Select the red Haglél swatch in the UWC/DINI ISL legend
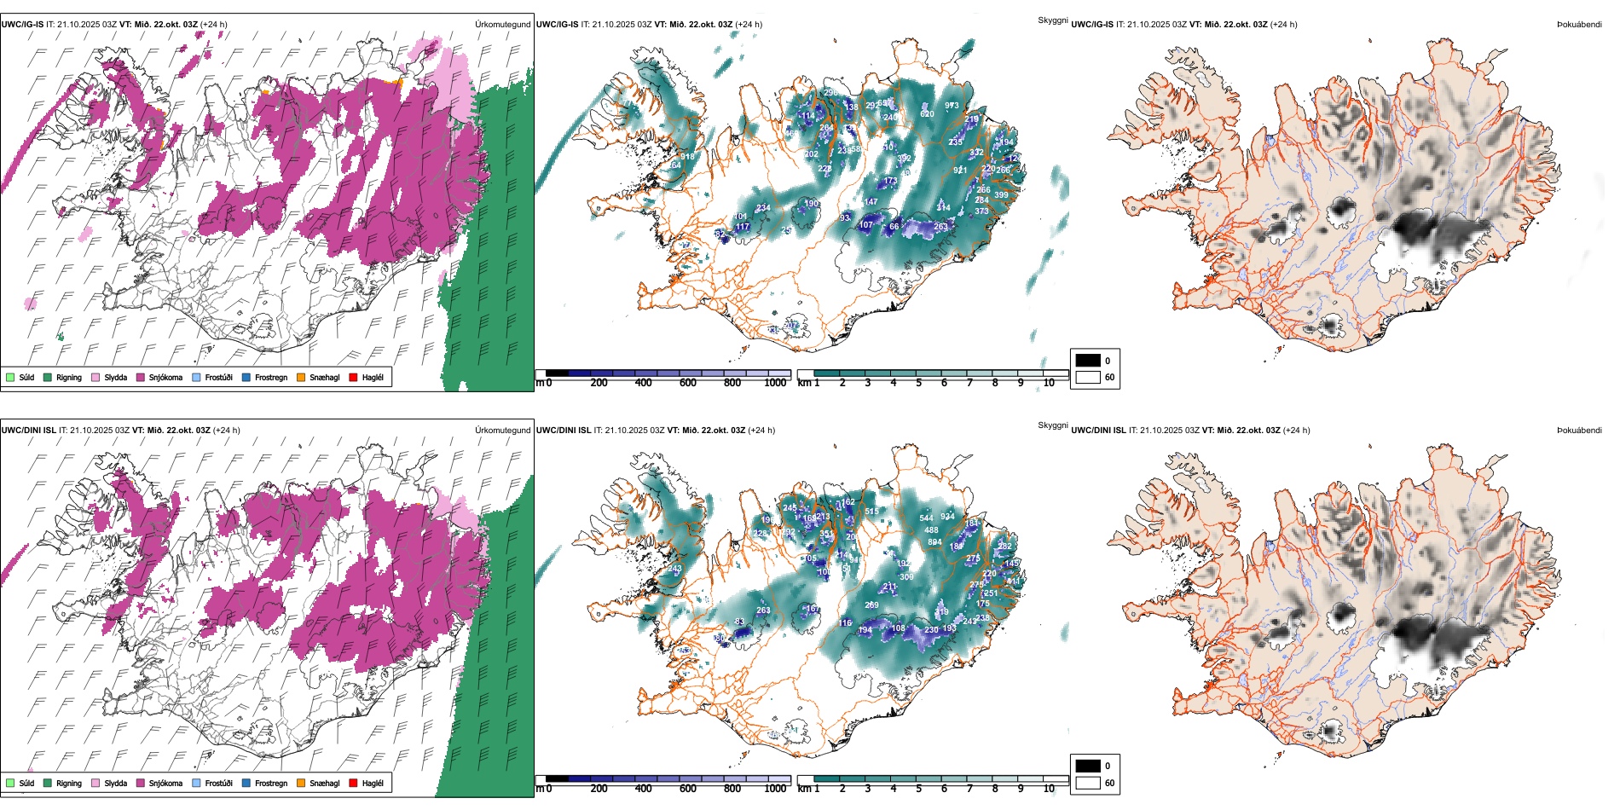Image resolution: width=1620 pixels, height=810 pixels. [353, 783]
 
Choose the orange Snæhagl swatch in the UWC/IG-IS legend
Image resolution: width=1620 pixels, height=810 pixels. [301, 377]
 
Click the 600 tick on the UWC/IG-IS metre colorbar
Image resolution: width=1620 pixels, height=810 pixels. [688, 383]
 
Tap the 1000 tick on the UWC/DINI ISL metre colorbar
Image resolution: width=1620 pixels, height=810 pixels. [775, 789]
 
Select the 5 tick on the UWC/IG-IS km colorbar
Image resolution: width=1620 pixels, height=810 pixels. [918, 383]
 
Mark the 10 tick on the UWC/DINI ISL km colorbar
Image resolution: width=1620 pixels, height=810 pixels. [1049, 789]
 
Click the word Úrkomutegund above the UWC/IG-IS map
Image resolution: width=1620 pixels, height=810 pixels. [502, 24]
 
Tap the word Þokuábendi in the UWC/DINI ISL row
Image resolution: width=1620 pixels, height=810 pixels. [1579, 430]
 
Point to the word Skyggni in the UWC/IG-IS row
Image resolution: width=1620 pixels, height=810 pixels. [1052, 20]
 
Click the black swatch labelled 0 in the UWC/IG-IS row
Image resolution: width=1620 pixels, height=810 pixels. [1088, 361]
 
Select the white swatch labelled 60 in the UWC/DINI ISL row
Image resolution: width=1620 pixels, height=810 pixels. [1088, 783]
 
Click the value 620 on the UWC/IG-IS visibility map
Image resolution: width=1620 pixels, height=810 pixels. [927, 113]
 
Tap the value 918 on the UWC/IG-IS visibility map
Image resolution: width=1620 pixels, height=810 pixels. [687, 157]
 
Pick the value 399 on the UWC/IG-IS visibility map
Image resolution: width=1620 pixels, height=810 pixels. [1001, 195]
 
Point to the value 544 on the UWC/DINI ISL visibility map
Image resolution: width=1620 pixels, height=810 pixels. [927, 518]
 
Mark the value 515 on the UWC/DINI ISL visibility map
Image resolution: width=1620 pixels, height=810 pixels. [871, 512]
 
